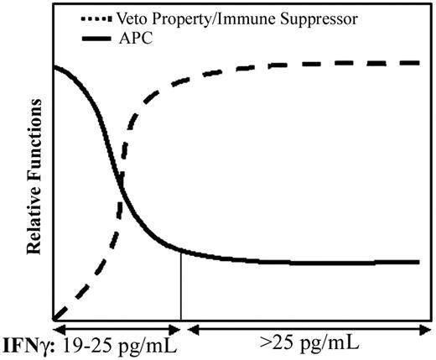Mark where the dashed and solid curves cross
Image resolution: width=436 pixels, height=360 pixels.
(x=121, y=197)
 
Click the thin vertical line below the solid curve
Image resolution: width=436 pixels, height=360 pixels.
(x=181, y=285)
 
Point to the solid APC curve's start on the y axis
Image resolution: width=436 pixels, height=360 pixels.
(x=54, y=66)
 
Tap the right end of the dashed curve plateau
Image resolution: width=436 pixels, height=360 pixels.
(x=418, y=63)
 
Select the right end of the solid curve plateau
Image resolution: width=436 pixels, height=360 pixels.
(x=418, y=262)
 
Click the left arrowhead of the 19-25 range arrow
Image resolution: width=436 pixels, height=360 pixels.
(x=58, y=327)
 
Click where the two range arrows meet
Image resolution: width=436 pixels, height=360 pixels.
(x=181, y=327)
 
